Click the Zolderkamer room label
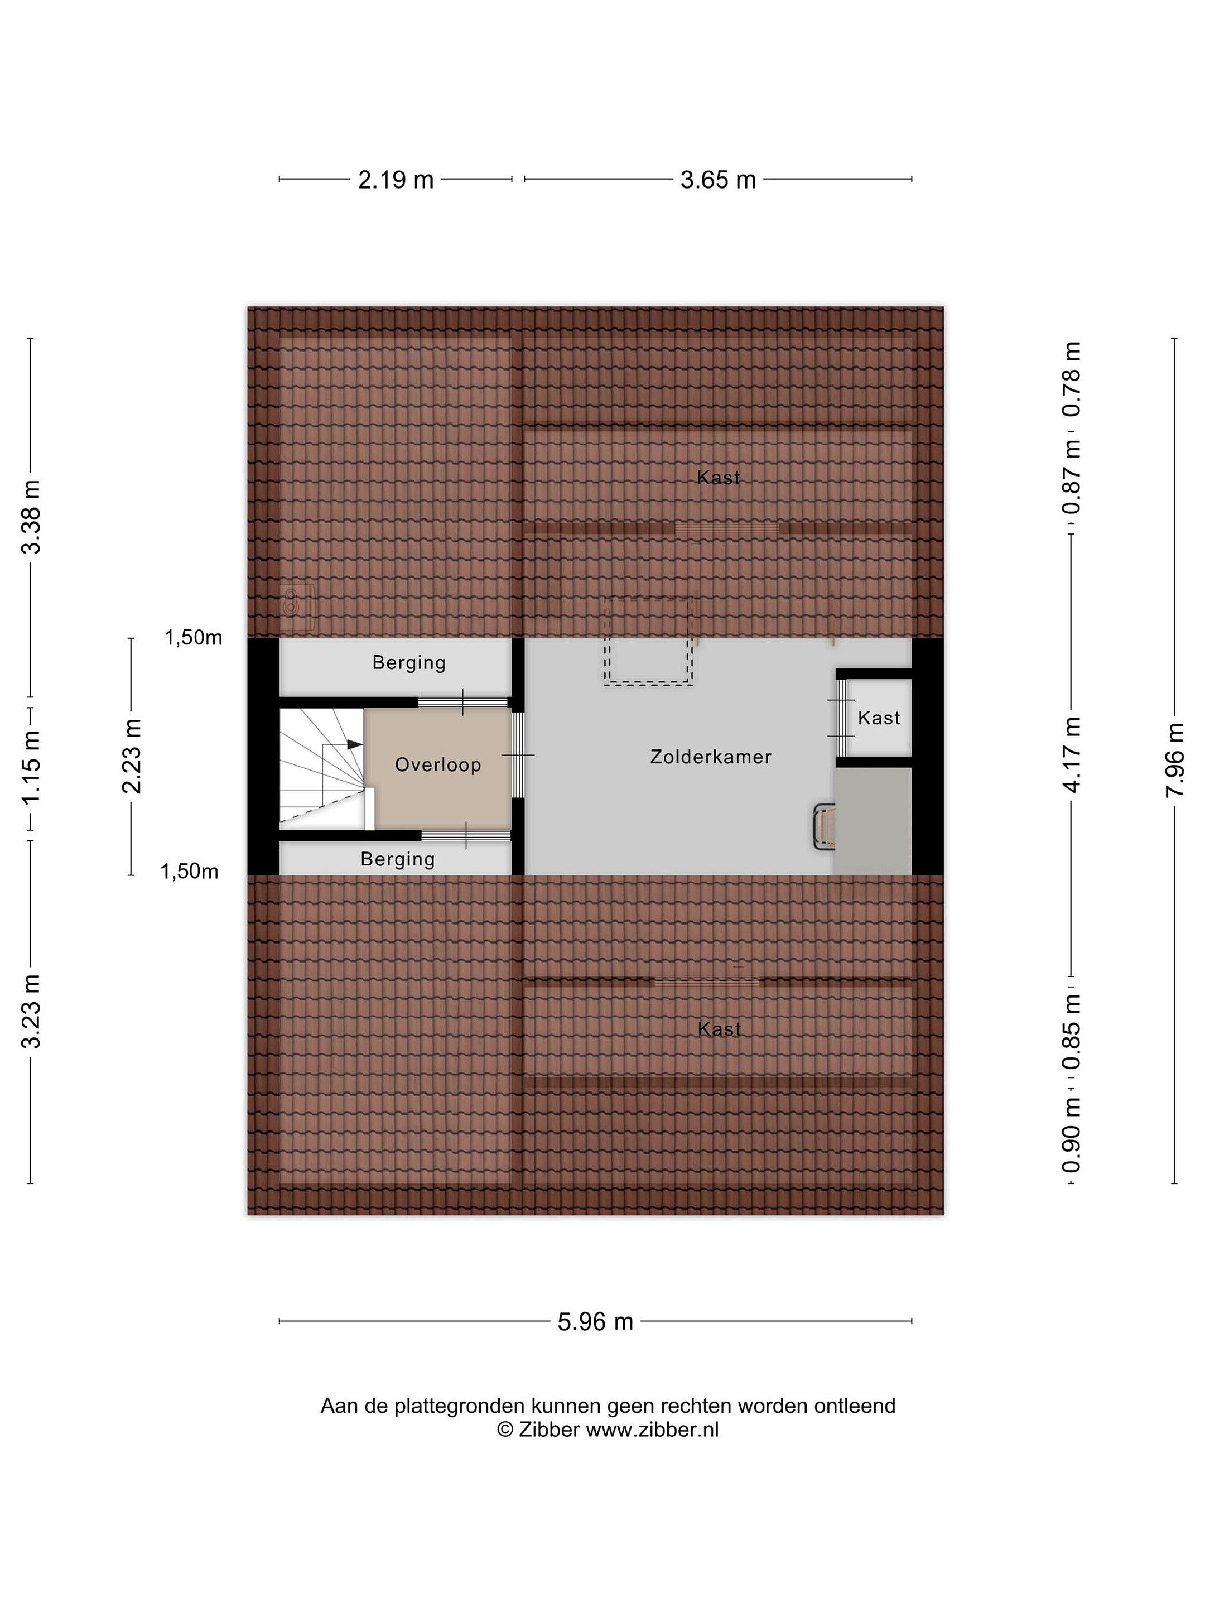point(710,757)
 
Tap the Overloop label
point(438,764)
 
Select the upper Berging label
point(409,662)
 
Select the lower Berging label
point(397,859)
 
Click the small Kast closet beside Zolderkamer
point(878,718)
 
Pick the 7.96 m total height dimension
point(1174,759)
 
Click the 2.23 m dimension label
point(132,756)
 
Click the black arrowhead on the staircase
point(354,745)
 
